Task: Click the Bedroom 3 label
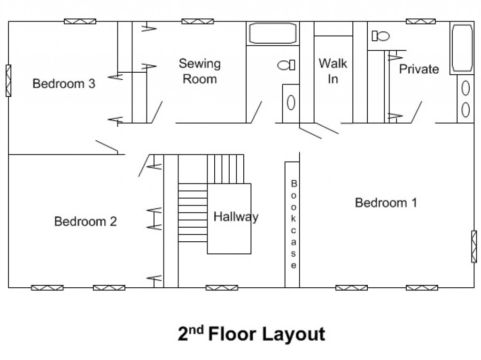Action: click(x=64, y=84)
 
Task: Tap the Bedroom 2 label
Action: click(x=85, y=222)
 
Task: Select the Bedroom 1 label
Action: click(x=386, y=203)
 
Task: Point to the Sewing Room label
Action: click(x=200, y=71)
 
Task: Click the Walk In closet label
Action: click(x=333, y=71)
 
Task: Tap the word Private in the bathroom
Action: click(x=419, y=69)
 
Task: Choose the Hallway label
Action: click(x=236, y=217)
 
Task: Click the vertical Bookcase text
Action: click(x=294, y=224)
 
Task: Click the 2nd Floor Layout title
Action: click(x=251, y=334)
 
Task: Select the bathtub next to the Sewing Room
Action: click(x=273, y=33)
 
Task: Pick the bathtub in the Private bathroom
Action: click(x=462, y=48)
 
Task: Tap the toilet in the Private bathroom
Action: click(x=380, y=36)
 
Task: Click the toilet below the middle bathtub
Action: click(x=286, y=65)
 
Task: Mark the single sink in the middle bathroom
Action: click(x=291, y=102)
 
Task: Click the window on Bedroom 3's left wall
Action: click(x=8, y=81)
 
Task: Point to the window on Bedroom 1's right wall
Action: click(x=474, y=246)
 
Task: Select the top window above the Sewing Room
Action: click(x=198, y=22)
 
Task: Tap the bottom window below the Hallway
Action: click(x=222, y=288)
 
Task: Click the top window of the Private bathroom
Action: click(x=420, y=22)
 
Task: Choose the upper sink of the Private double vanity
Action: click(x=465, y=88)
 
